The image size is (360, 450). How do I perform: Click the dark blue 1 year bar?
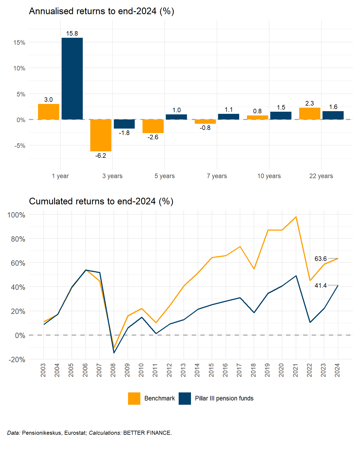72,78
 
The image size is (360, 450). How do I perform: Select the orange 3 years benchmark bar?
101,135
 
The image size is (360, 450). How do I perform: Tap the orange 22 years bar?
310,114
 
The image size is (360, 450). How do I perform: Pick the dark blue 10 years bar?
281,115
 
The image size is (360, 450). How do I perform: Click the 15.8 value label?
72,33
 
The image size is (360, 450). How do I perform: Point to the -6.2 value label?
101,156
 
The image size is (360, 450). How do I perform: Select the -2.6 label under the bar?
153,137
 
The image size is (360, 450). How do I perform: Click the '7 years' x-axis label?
217,176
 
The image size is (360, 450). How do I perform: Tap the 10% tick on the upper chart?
19,68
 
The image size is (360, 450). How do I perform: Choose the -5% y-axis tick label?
19,146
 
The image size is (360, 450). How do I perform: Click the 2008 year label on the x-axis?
113,370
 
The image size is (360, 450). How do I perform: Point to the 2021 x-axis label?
295,370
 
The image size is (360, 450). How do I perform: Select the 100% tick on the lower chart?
16,215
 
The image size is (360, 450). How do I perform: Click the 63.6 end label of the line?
320,259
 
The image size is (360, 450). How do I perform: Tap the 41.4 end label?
320,286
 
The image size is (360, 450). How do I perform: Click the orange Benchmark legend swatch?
134,398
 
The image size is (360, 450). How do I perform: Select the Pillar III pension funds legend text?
224,398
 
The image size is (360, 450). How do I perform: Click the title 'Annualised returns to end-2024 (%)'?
102,11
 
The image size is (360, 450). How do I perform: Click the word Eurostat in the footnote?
75,433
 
